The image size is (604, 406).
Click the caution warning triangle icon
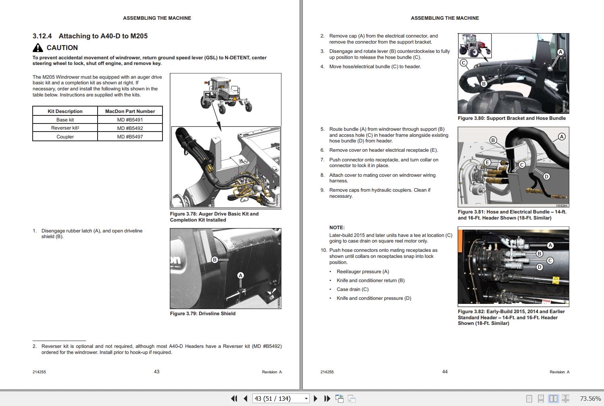click(x=37, y=48)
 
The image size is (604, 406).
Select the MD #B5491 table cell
click(x=130, y=120)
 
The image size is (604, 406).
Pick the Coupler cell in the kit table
click(x=65, y=137)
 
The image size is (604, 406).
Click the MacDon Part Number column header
click(x=130, y=111)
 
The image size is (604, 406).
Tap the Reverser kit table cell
click(x=65, y=128)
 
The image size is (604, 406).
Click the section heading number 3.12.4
click(x=42, y=36)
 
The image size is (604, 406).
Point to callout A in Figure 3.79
click(x=240, y=275)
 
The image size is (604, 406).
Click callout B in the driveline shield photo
click(x=215, y=260)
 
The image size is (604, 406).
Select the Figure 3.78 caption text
click(x=214, y=217)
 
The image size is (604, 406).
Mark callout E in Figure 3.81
click(x=487, y=163)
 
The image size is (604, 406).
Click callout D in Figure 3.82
click(x=539, y=267)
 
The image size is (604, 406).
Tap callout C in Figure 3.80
click(x=463, y=63)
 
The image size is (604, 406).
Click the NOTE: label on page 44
click(x=337, y=228)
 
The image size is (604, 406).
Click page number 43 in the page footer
click(x=156, y=372)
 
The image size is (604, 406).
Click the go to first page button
click(x=234, y=399)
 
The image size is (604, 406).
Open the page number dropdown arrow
click(x=306, y=399)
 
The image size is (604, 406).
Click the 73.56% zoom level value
click(x=590, y=399)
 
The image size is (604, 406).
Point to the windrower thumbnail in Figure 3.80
click(x=475, y=45)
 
